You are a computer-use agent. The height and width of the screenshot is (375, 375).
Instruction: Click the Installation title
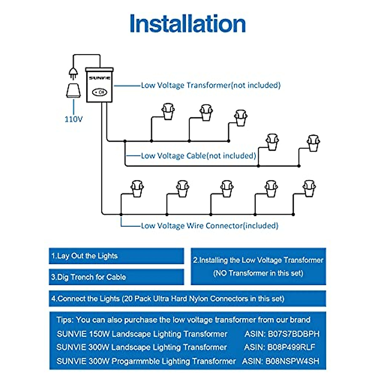coord(187,24)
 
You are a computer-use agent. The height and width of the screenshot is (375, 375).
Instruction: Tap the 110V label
coord(73,119)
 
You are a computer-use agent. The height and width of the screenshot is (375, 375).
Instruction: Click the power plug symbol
coord(73,73)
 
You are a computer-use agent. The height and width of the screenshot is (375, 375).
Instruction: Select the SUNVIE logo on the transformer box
coord(99,78)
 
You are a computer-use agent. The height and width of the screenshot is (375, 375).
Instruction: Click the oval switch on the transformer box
coord(100,92)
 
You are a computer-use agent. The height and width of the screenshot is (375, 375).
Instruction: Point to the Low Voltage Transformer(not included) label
coord(211,85)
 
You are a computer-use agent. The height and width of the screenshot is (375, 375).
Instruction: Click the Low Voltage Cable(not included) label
coord(198,156)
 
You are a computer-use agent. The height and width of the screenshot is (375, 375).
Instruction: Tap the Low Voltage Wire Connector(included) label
coord(209,226)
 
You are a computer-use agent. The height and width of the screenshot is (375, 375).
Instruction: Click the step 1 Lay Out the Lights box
coord(116,256)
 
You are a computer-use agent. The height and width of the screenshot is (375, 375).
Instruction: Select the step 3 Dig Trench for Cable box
coord(116,277)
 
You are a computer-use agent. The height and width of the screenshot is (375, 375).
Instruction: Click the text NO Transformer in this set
coord(258,273)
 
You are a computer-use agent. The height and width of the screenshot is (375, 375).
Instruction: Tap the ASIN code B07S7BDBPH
coord(293,334)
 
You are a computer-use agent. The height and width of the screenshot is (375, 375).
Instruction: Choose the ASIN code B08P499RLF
coord(291,347)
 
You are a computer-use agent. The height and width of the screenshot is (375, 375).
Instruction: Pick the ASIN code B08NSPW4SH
coord(292,361)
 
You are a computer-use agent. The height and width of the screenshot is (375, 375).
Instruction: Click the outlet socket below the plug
coord(73,90)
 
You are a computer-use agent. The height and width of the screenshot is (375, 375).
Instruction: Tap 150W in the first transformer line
coord(99,334)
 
